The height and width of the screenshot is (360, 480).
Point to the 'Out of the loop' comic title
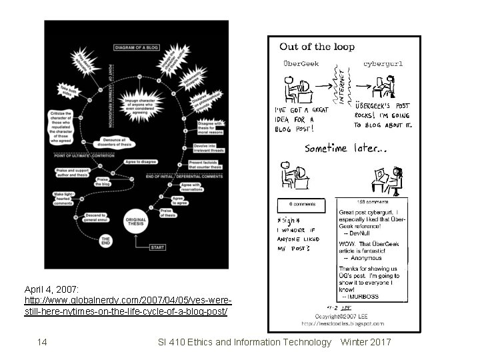click(x=317, y=47)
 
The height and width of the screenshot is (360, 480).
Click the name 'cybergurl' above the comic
click(x=383, y=64)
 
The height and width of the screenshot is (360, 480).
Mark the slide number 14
click(x=42, y=343)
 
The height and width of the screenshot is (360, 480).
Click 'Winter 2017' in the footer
click(x=365, y=343)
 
